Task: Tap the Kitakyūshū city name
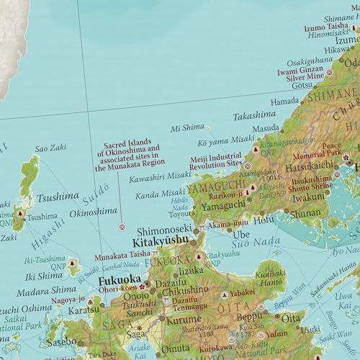[163, 242]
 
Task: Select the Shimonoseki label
[162, 230]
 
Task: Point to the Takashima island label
[255, 115]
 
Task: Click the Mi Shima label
[188, 130]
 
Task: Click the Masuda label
[266, 127]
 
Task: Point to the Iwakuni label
[308, 196]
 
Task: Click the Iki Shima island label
[40, 275]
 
